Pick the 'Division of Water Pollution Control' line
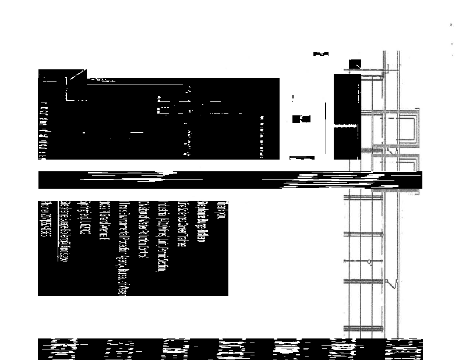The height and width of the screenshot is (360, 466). tap(143, 231)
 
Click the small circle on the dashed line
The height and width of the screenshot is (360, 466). tap(369, 262)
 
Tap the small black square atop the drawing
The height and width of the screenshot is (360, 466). tap(354, 63)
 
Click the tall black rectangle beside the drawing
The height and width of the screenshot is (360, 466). tap(347, 117)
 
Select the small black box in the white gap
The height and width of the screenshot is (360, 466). tap(301, 119)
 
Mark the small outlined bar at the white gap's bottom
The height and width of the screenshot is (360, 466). tap(302, 157)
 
